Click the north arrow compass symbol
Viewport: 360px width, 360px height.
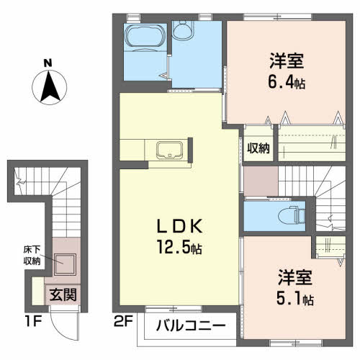(x=49, y=89)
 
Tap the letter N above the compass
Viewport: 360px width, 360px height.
(x=49, y=64)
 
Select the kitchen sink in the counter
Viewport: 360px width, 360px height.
(x=169, y=150)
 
